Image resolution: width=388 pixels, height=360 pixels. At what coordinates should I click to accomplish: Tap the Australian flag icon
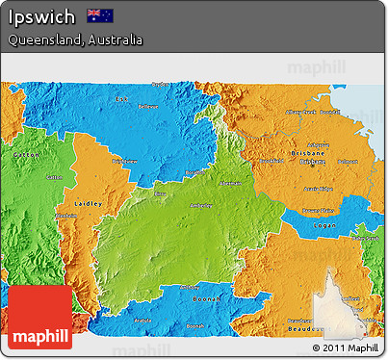[x=99, y=15]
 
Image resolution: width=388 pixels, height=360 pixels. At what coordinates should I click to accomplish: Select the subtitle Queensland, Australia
[x=75, y=40]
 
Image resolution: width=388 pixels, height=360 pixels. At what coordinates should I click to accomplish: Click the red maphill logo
[x=39, y=318]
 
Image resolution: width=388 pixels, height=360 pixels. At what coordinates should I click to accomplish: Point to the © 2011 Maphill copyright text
[x=345, y=347]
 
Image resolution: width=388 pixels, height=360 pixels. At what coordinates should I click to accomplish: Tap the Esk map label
[x=121, y=100]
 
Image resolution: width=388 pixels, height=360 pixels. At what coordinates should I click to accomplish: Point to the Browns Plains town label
[x=319, y=210]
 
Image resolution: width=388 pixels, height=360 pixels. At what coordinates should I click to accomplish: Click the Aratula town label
[x=141, y=319]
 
